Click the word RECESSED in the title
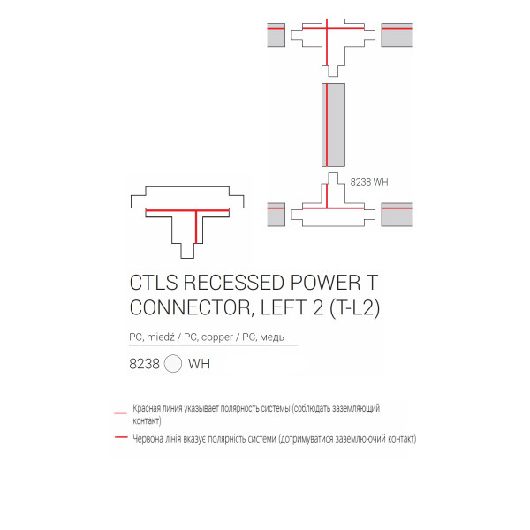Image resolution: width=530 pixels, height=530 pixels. click(234, 283)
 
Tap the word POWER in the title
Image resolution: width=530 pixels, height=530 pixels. click(325, 283)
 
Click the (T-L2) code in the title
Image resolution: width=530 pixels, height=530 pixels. click(355, 308)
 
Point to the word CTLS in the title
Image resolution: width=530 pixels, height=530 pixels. click(154, 283)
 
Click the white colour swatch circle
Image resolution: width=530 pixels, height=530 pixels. click(173, 364)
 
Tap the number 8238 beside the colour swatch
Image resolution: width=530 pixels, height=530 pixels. click(144, 364)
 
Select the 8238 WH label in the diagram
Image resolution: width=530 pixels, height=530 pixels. click(369, 182)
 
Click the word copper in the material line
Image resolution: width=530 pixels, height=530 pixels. click(217, 337)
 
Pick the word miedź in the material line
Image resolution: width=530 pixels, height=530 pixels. click(160, 337)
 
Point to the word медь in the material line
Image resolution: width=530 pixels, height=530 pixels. click(272, 337)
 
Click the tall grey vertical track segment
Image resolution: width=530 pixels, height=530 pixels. click(333, 125)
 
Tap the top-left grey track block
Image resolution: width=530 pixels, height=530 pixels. click(276, 34)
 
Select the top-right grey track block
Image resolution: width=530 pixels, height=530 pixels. click(397, 34)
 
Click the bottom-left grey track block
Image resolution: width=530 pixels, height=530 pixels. click(276, 215)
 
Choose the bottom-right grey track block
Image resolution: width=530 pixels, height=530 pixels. click(397, 215)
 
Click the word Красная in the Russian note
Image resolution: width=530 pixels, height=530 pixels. click(147, 408)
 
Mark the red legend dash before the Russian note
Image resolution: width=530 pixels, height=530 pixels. click(121, 413)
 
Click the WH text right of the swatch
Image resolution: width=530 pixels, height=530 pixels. click(199, 364)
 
